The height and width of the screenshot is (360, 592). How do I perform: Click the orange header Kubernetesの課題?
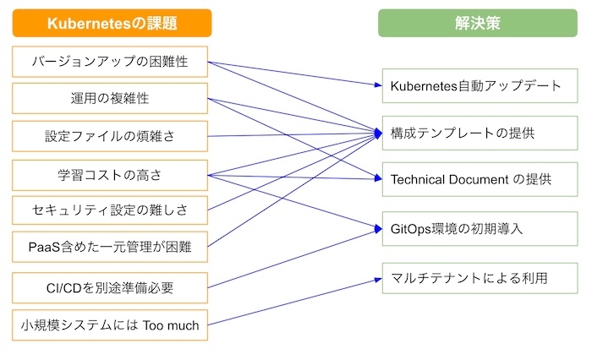tap(111, 24)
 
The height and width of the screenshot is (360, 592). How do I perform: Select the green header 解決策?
tap(478, 24)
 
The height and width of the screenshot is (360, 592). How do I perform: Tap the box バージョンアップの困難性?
tap(111, 62)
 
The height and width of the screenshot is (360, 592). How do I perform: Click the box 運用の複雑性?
tap(111, 98)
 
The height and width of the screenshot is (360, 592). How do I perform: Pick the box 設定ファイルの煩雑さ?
tap(111, 135)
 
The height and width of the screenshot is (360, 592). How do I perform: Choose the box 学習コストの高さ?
tap(111, 175)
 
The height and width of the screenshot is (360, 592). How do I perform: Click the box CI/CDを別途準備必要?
tap(111, 288)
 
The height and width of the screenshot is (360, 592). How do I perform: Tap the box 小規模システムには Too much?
tap(111, 324)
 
